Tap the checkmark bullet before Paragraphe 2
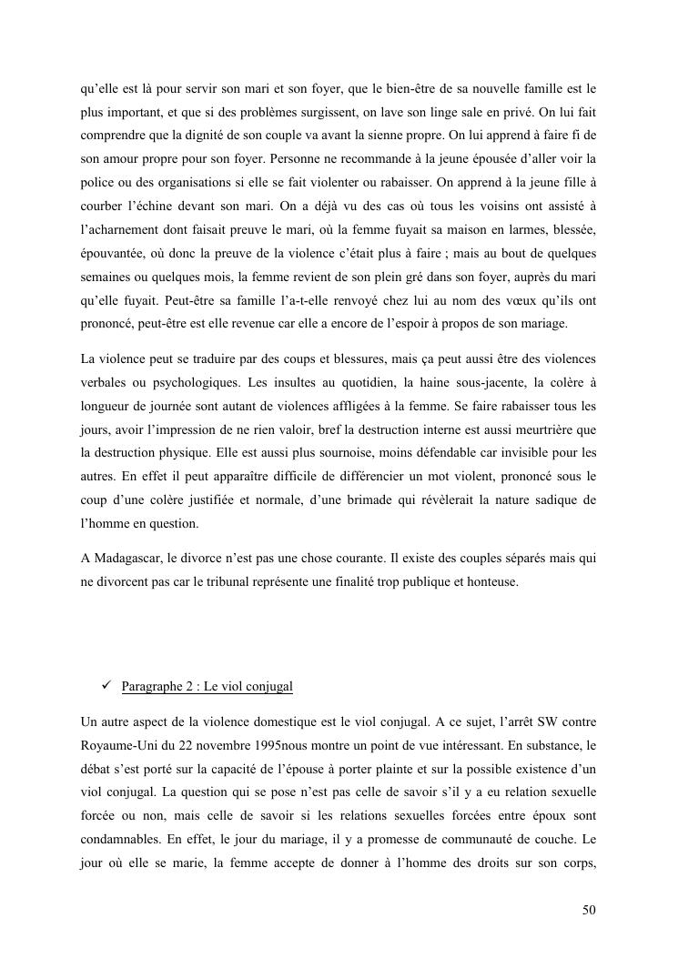pos(106,685)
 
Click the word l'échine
pos(151,209)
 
